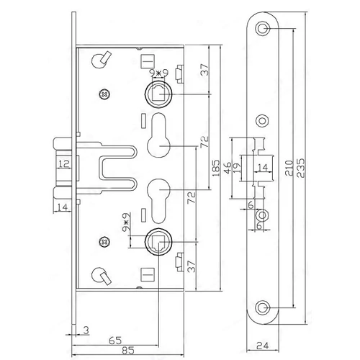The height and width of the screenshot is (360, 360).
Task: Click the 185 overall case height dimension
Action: [216, 167]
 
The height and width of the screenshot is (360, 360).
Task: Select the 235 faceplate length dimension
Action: [301, 168]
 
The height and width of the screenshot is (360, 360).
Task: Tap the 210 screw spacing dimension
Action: [289, 168]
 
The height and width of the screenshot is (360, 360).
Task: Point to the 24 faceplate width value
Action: [263, 346]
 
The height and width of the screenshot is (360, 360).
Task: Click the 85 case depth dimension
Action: [128, 351]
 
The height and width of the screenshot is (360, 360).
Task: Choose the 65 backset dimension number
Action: [115, 341]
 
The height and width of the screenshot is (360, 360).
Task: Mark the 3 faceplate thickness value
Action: [86, 330]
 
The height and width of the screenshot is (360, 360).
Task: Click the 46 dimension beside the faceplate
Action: [228, 167]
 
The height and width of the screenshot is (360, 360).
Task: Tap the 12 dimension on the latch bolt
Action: [64, 163]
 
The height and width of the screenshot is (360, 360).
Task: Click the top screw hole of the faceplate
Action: [263, 28]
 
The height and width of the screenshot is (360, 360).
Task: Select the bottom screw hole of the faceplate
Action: [263, 307]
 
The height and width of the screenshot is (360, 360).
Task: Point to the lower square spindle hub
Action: [158, 242]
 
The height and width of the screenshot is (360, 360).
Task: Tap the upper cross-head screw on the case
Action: [104, 94]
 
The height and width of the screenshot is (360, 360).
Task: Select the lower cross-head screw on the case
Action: [104, 242]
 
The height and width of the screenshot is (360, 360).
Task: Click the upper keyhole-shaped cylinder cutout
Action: [158, 135]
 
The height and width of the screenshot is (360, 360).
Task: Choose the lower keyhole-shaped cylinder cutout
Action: [158, 201]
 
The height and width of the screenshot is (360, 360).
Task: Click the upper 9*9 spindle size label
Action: [158, 73]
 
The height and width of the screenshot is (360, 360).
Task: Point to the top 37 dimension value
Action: [204, 70]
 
